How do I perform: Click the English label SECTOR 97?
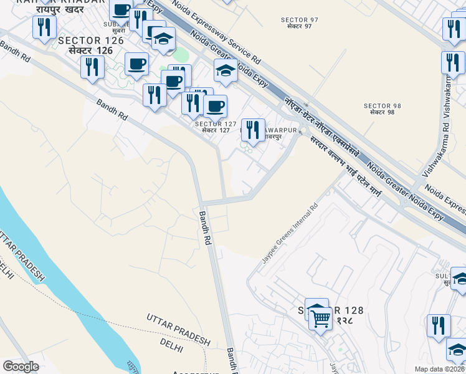pyautogui.click(x=300, y=20)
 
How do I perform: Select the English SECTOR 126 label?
pyautogui.click(x=85, y=41)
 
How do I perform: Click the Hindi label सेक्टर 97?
pyautogui.click(x=300, y=27)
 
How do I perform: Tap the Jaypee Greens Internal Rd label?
pyautogui.click(x=290, y=233)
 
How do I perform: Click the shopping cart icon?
pyautogui.click(x=320, y=319)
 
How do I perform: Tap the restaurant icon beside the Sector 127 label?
pyautogui.click(x=252, y=130)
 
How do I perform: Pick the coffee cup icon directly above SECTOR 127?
pyautogui.click(x=215, y=106)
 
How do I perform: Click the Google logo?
pyautogui.click(x=21, y=367)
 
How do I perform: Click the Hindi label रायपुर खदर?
pyautogui.click(x=59, y=10)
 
